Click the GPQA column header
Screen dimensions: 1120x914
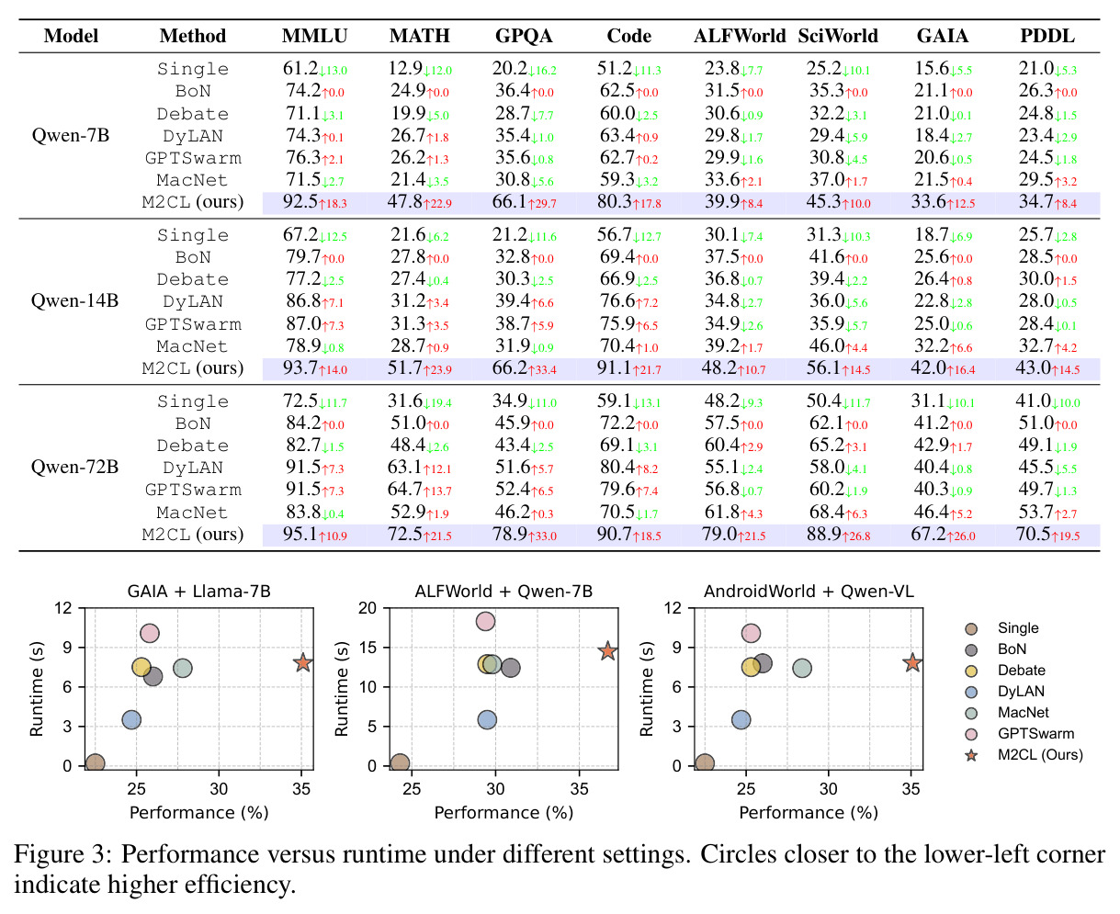pos(523,36)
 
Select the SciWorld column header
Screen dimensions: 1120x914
pos(838,36)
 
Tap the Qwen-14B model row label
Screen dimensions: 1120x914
pos(74,300)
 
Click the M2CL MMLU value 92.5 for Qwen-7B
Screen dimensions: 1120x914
pos(300,202)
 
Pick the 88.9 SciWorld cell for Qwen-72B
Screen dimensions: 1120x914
pos(823,534)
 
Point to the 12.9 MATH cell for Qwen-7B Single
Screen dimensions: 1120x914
pos(405,68)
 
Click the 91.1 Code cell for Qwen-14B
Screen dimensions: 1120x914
pos(614,367)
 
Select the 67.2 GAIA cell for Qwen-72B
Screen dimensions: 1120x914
pos(928,534)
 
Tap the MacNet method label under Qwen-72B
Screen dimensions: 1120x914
pos(192,513)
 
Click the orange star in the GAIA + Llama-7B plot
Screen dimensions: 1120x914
pos(302,662)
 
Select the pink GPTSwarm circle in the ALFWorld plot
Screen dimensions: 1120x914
pos(485,621)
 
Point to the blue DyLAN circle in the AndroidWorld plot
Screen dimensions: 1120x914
pos(741,719)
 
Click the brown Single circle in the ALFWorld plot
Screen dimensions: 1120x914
pos(400,763)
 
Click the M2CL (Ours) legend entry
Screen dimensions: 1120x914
pos(1024,755)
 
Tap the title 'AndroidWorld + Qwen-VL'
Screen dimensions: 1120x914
pos(809,591)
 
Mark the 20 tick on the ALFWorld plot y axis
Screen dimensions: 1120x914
pos(368,607)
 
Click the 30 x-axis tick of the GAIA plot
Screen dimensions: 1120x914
pos(219,789)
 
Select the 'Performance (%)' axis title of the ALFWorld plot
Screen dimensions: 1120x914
pos(503,813)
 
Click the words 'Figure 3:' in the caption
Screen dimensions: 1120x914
pos(62,854)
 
